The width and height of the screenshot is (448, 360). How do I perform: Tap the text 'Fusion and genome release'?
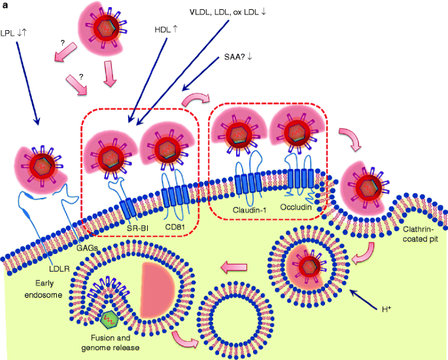pyautogui.click(x=115, y=341)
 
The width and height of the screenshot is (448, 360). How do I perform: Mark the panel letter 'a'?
pyautogui.click(x=6, y=6)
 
